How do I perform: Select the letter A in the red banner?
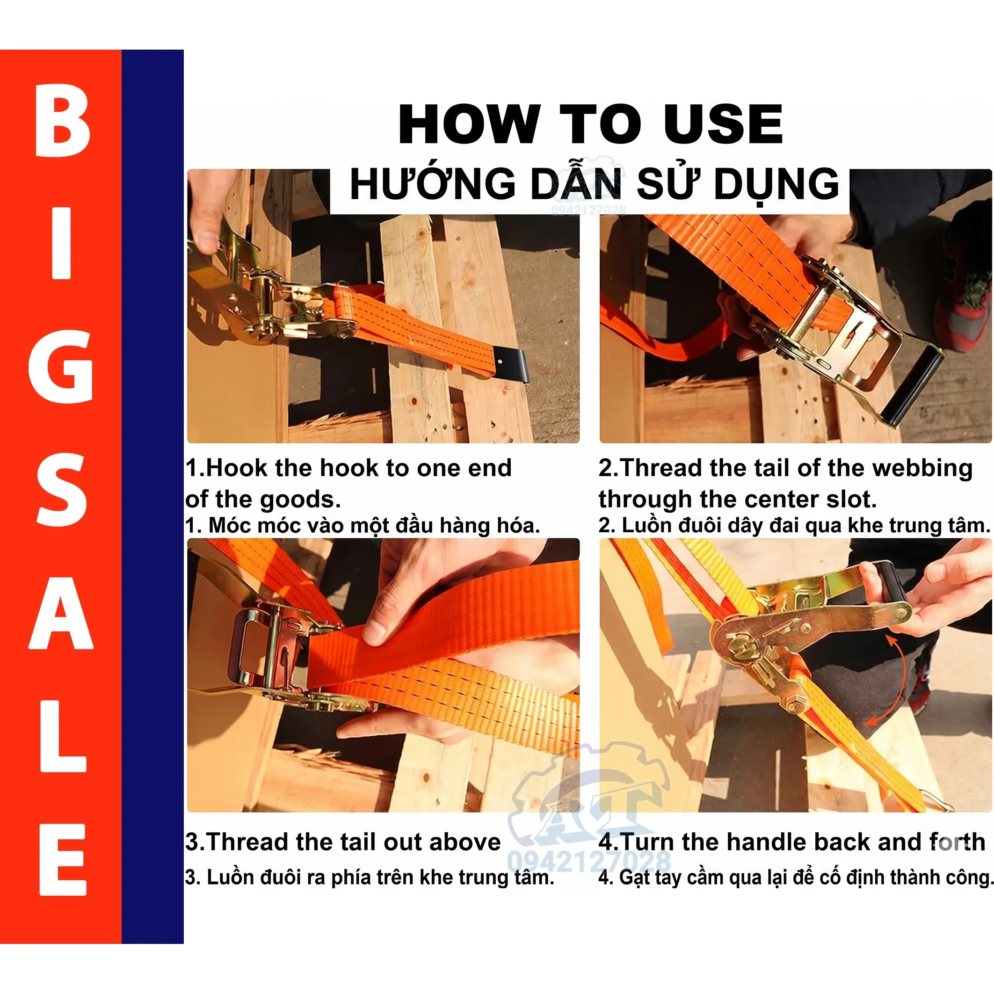click(61, 613)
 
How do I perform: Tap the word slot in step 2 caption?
click(851, 500)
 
